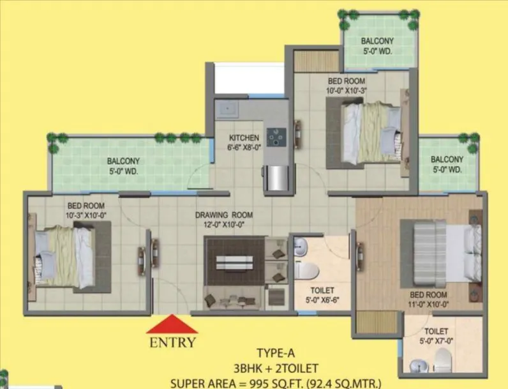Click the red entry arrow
tap(172, 325)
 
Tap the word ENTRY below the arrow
tap(172, 342)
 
